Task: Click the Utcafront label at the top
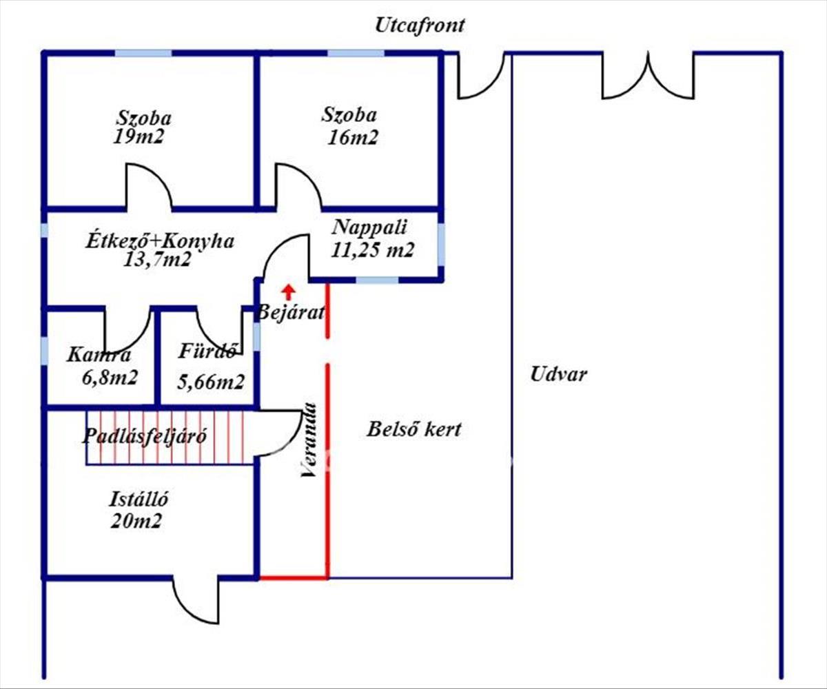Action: click(420, 25)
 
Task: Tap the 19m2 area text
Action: click(140, 137)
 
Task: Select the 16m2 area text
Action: click(354, 137)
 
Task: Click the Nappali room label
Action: click(371, 227)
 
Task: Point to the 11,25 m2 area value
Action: click(372, 250)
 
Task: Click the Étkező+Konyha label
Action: click(160, 241)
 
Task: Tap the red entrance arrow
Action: click(289, 291)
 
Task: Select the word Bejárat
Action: click(291, 312)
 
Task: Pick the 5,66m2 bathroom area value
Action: click(210, 381)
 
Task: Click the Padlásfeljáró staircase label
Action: click(145, 436)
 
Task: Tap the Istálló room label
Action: click(140, 497)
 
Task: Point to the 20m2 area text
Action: click(136, 521)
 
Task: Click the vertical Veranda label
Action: click(309, 440)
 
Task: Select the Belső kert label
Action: click(413, 430)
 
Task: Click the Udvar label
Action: click(558, 375)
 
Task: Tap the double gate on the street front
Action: click(648, 76)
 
